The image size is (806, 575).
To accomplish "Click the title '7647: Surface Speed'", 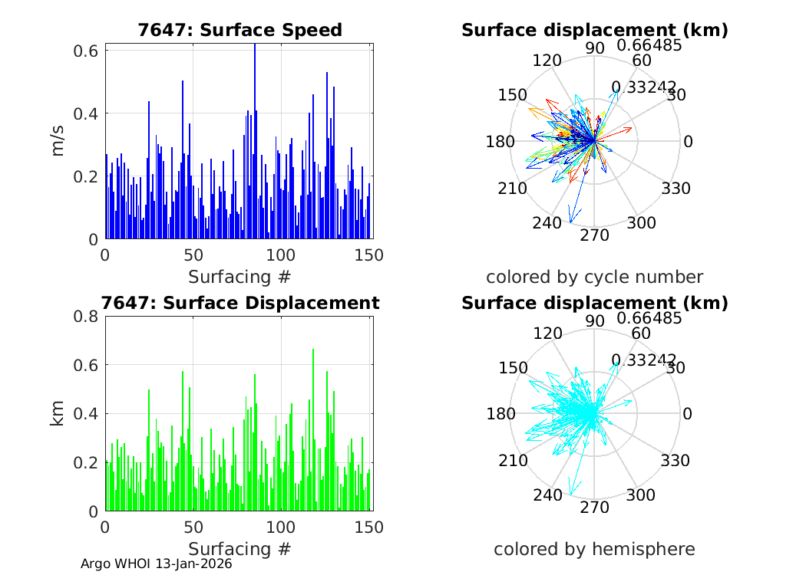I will click(239, 31).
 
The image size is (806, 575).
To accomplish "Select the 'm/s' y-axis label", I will click(58, 141).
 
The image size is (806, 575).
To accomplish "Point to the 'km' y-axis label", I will click(58, 414).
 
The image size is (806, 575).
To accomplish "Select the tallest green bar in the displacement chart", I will click(313, 429).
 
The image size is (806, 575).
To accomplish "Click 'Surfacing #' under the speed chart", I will click(239, 276).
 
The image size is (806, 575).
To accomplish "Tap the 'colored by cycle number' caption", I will click(594, 277).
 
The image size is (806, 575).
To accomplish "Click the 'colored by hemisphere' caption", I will click(594, 549).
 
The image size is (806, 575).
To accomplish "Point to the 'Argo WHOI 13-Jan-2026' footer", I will click(157, 563).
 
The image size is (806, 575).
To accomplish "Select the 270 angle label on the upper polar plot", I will click(594, 235).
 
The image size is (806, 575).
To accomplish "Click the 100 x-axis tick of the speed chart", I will click(281, 255).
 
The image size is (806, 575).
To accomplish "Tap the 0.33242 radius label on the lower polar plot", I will click(643, 360).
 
